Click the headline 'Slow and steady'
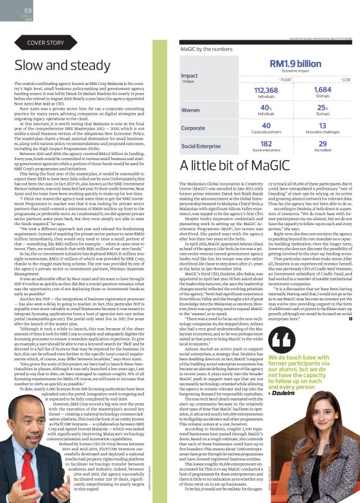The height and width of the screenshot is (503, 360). tap(55, 66)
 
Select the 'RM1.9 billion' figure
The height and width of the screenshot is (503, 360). tap(295, 63)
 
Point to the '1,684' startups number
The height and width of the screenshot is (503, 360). tap(322, 90)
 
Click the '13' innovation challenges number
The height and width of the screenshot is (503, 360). tap(322, 125)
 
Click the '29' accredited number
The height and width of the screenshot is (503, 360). tap(322, 143)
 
